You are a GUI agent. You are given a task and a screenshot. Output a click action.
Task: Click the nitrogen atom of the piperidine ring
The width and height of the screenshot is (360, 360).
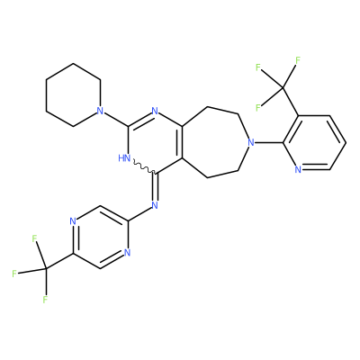click(101, 111)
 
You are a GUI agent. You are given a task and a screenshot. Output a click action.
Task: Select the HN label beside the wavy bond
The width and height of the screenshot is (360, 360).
click(124, 157)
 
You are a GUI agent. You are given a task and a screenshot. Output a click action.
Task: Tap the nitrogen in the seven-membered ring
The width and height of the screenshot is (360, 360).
click(251, 142)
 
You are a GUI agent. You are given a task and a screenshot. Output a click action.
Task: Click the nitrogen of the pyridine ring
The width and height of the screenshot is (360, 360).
click(298, 170)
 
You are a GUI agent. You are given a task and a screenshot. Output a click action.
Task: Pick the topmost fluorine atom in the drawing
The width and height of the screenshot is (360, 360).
click(298, 60)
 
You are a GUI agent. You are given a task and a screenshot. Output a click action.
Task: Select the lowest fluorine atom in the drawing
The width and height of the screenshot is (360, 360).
click(45, 300)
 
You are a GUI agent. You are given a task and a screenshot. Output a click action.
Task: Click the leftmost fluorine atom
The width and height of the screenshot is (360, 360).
click(14, 274)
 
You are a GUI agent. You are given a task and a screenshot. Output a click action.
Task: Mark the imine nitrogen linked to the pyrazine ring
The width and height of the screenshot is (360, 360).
click(155, 205)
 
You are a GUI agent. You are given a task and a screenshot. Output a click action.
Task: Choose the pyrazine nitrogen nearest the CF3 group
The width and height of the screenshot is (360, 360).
click(73, 221)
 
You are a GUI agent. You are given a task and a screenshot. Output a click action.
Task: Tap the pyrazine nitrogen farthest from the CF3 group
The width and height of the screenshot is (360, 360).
click(127, 253)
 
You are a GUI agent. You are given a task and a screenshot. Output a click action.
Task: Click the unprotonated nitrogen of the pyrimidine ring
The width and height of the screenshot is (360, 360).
click(155, 111)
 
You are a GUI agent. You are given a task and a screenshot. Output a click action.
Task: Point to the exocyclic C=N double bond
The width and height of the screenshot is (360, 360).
click(155, 187)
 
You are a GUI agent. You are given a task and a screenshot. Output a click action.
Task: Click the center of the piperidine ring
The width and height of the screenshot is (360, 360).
click(73, 94)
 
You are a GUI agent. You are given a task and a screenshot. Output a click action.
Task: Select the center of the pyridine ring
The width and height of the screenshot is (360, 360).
click(314, 142)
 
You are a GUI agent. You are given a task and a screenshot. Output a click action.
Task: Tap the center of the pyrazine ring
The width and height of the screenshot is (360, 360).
click(100, 237)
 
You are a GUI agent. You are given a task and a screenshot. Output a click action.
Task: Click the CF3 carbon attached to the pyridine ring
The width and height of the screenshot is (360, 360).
click(283, 87)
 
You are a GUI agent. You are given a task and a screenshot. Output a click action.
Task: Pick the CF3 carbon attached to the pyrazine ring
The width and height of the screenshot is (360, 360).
click(46, 268)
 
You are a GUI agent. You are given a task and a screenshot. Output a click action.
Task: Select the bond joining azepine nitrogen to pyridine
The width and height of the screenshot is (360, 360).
click(268, 142)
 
